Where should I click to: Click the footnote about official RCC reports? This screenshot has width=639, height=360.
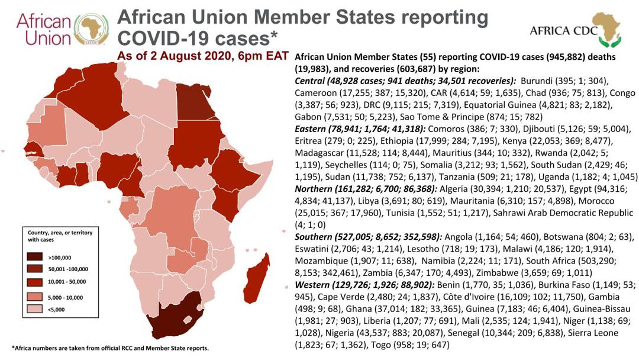tap(110, 348)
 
